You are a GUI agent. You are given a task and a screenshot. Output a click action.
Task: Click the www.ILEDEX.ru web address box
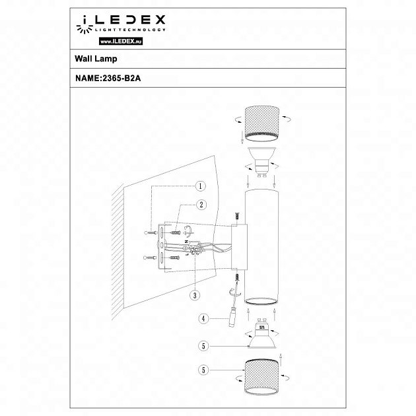click(x=121, y=41)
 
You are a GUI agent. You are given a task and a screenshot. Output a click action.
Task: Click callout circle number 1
click(x=201, y=187)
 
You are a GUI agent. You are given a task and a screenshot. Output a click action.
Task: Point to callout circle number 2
click(x=201, y=205)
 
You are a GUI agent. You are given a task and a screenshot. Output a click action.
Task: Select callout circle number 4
click(x=204, y=318)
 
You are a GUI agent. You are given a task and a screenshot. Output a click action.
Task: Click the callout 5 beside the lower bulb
click(x=204, y=345)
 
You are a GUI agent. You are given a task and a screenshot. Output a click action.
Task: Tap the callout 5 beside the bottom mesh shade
click(x=204, y=370)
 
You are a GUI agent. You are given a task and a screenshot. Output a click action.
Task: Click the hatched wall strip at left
click(x=118, y=251)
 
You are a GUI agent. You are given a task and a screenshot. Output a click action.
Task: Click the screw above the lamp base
click(x=234, y=216)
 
